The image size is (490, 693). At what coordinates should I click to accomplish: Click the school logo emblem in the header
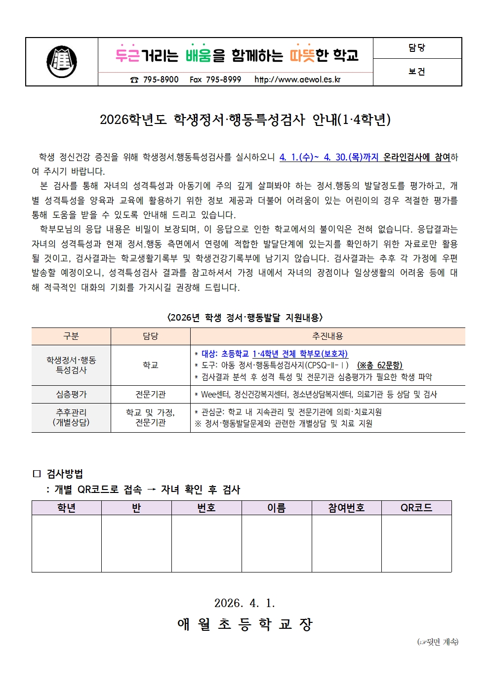click(x=62, y=62)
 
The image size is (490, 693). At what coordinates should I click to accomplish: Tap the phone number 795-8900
click(x=161, y=80)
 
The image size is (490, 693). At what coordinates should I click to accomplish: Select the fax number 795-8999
click(x=223, y=80)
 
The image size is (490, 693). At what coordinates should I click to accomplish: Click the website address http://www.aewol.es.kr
click(x=297, y=80)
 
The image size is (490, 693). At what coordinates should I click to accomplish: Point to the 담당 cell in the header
click(x=417, y=48)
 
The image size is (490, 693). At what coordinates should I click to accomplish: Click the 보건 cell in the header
click(x=417, y=72)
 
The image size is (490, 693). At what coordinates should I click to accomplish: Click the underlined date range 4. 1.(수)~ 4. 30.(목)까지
click(x=328, y=158)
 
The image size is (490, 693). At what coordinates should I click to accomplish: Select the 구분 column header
click(x=71, y=336)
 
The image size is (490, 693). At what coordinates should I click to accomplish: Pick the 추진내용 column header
click(x=327, y=336)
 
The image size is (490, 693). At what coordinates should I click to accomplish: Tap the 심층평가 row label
click(x=71, y=394)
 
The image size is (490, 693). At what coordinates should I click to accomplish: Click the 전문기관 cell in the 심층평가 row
click(x=151, y=394)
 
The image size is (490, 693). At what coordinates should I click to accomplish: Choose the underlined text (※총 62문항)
click(x=380, y=366)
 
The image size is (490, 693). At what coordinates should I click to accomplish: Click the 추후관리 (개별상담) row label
click(x=71, y=417)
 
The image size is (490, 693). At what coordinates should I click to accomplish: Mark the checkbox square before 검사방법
click(x=37, y=474)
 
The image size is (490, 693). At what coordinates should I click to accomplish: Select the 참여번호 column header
click(x=346, y=508)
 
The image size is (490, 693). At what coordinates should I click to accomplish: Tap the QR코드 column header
click(x=416, y=508)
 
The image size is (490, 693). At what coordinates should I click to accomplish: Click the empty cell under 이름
click(x=277, y=543)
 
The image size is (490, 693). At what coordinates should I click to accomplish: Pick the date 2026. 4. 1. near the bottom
click(x=245, y=603)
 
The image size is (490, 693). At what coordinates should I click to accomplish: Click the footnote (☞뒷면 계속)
click(x=438, y=642)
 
